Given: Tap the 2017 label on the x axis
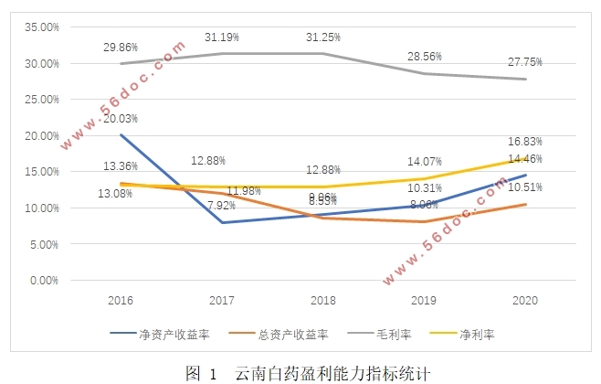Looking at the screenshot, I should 221,300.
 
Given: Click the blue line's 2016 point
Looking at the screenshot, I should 121,135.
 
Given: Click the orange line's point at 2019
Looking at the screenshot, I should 423,222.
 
